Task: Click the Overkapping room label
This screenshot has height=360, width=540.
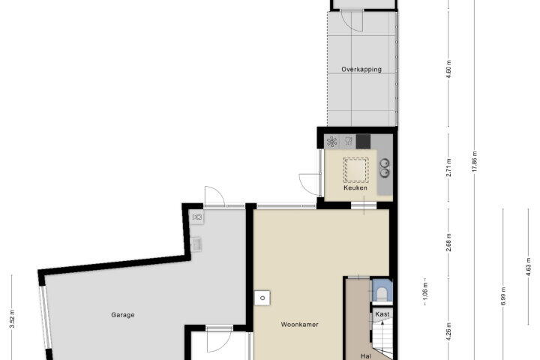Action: pos(361,69)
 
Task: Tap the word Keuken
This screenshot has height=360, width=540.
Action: pos(355,187)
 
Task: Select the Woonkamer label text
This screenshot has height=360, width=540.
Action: pos(299,324)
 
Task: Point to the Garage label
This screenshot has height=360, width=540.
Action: pos(122,314)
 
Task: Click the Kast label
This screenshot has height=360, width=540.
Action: pos(382,313)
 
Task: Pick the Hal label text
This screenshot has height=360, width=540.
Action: pos(366,356)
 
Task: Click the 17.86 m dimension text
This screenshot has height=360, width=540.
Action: pos(475,162)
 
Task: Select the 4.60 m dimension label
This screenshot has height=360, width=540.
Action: pos(448,69)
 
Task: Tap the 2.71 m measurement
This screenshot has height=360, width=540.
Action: pos(448,167)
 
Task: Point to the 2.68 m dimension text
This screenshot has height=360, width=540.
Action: pos(448,242)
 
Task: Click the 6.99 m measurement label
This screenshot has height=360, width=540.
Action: pos(503,296)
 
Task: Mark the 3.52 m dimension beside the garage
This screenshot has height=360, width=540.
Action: pos(12,319)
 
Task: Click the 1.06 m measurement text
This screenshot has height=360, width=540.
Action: pos(425,292)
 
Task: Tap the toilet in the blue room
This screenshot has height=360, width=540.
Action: pos(382,294)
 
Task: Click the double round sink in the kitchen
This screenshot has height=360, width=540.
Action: pos(385,167)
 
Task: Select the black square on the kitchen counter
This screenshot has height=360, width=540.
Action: pos(363,141)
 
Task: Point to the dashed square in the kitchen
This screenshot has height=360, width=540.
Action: pos(355,169)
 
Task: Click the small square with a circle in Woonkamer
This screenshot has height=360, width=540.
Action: pos(262,298)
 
